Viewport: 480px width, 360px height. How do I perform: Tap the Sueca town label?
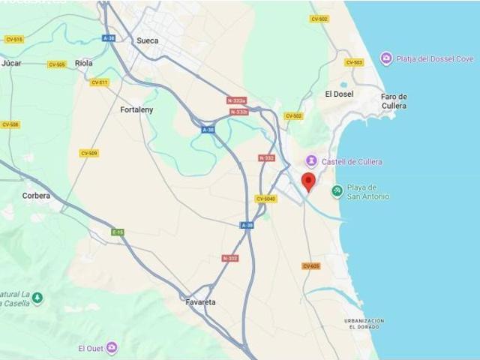point(147,40)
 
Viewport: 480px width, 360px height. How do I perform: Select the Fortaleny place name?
point(136,109)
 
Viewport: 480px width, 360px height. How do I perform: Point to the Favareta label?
point(200,302)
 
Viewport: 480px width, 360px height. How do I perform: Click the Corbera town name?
point(36,196)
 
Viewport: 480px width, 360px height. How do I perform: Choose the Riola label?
point(84,64)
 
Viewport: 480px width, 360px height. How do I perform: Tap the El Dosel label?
point(339,94)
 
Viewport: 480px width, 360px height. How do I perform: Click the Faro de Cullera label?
point(394,100)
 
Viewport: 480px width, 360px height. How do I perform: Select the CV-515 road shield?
point(13,39)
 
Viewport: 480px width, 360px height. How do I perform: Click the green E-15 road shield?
point(118,232)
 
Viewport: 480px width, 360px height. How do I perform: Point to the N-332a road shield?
point(237,100)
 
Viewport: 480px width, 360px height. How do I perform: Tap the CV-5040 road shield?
point(265,199)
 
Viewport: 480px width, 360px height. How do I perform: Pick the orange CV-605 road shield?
point(311,266)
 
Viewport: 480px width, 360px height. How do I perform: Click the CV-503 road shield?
point(354,62)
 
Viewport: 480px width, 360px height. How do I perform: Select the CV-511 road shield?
point(99,82)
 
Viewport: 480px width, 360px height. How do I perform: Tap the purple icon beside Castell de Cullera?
point(311,161)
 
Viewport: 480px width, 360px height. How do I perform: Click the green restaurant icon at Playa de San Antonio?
point(337,191)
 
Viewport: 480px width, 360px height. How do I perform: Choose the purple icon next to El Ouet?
point(112,348)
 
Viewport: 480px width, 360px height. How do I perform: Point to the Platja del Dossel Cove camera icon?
point(386,58)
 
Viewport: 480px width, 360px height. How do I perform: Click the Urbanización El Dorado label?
point(364,324)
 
